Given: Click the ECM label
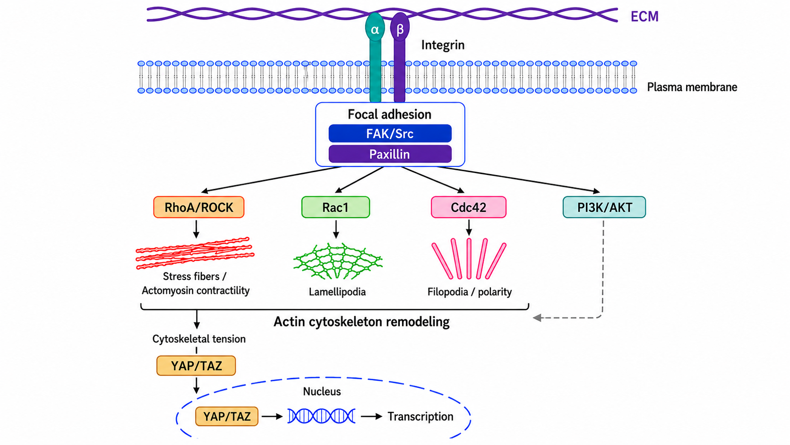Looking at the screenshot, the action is [644, 17].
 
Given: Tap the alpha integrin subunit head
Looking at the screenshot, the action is [375, 28].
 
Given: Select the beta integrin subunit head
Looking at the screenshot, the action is [400, 27].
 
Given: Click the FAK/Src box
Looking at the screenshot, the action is [390, 133].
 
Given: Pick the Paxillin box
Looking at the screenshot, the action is [390, 154].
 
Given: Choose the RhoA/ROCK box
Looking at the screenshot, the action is [199, 207].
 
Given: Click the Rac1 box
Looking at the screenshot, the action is [336, 207].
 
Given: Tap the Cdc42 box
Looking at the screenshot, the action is [469, 207].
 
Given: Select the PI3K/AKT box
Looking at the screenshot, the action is [604, 207].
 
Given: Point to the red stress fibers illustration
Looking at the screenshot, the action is [195, 253].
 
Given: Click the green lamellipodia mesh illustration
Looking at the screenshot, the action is [337, 261].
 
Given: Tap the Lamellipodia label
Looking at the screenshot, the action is [337, 292].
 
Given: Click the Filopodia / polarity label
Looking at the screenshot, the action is [469, 292].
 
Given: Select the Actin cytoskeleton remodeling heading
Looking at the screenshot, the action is [361, 322].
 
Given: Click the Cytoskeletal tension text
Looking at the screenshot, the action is [199, 339].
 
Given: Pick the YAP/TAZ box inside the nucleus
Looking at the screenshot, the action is [227, 417].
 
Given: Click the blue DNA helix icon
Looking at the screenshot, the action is [321, 416].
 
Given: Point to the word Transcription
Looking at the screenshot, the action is [421, 417].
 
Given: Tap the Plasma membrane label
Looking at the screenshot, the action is [692, 87].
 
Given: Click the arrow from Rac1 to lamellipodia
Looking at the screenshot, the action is [336, 229].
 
